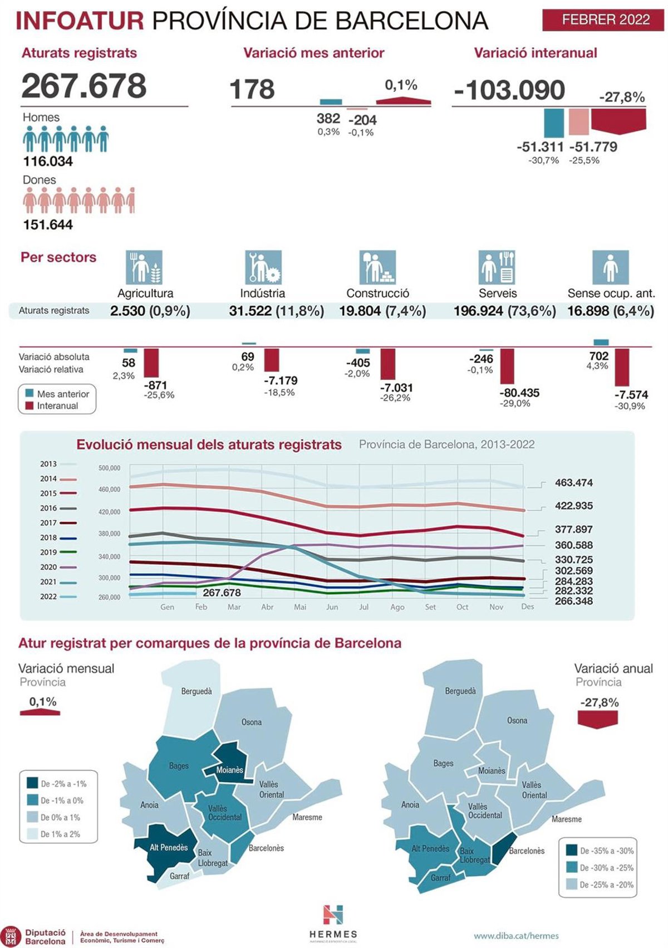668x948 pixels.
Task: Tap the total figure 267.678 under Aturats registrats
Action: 84,86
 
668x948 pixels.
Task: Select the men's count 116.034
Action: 48,162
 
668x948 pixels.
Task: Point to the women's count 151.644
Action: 48,224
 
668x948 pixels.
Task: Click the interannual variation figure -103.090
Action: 509,90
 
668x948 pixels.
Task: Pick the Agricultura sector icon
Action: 144,267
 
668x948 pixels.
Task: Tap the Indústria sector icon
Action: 263,267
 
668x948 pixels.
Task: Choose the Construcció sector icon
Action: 377,267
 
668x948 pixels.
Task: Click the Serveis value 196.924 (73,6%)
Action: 504,311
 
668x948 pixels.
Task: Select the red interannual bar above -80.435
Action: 507,366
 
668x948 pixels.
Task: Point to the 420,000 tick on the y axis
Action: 109,511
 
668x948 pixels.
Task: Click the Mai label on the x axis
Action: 300,607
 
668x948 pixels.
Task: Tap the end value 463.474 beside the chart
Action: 573,483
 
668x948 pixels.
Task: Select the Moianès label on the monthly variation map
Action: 229,770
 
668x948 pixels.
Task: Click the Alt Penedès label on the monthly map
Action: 169,847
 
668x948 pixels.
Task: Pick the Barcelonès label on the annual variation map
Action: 526,851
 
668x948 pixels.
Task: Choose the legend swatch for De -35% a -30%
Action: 571,851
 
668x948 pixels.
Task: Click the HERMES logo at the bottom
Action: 333,923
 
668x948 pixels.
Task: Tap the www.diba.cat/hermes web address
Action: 516,936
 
